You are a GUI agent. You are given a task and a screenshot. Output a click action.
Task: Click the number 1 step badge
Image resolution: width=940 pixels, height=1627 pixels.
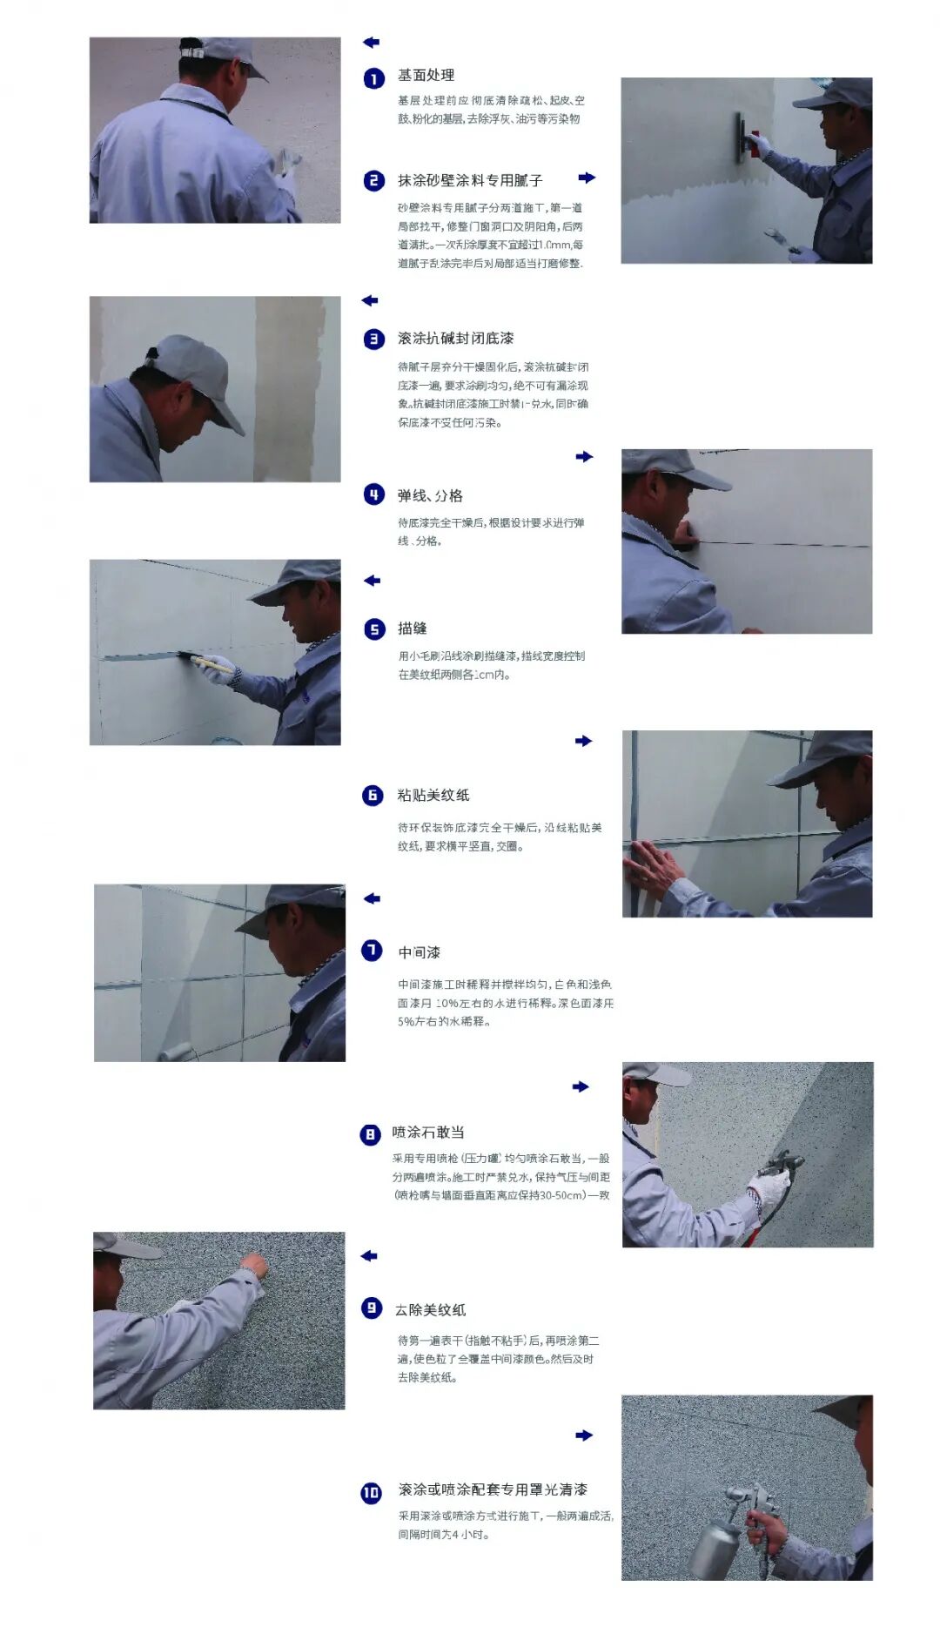point(373,79)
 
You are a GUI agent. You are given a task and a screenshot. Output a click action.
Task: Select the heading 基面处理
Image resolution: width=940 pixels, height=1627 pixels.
point(426,76)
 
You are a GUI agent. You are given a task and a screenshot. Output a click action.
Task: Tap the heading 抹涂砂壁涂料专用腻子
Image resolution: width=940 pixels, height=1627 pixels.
point(470,180)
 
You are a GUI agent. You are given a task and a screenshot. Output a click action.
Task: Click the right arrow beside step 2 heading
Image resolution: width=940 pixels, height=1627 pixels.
point(587,178)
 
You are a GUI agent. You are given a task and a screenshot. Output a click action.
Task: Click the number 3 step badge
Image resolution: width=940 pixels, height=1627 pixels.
point(373,340)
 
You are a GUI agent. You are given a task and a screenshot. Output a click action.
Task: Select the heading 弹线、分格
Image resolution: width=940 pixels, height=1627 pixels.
point(430,496)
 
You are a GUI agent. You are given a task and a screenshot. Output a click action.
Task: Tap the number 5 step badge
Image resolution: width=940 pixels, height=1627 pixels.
point(373,629)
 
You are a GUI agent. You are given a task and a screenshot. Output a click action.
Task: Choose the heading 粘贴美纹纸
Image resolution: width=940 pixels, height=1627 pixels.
point(433,796)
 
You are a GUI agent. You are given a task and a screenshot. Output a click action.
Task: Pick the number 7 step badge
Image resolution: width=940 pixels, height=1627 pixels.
point(372,951)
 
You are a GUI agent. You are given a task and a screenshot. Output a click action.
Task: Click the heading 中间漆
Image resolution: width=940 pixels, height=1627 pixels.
point(419,953)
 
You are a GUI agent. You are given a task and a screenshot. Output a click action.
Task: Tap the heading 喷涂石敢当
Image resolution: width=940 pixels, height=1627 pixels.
point(428,1133)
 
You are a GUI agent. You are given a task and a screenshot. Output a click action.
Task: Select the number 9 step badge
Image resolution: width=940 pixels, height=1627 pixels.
point(372,1308)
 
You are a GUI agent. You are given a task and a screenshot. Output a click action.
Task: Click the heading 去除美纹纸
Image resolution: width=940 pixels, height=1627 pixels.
point(430,1310)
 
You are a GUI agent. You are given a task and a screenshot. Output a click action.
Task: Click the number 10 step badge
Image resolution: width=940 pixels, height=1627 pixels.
point(372,1493)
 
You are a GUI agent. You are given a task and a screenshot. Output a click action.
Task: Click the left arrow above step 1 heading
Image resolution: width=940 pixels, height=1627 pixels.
point(371,42)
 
